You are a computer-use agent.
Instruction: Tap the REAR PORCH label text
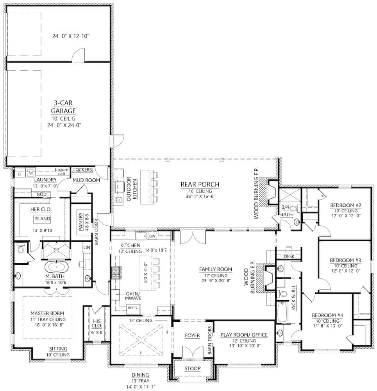tap(200, 184)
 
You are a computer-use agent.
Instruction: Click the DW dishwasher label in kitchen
tap(152, 236)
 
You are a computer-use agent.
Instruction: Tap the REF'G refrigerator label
tap(132, 308)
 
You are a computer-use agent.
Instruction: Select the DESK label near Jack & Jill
tap(289, 256)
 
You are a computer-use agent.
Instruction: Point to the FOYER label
tap(192, 335)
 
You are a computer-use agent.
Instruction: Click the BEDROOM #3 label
tap(345, 260)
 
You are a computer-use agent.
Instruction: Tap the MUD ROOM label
tap(86, 180)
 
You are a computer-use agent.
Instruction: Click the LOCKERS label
tap(83, 170)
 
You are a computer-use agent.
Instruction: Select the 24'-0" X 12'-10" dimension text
tap(71, 36)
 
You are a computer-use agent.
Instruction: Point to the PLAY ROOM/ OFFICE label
tap(244, 335)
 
